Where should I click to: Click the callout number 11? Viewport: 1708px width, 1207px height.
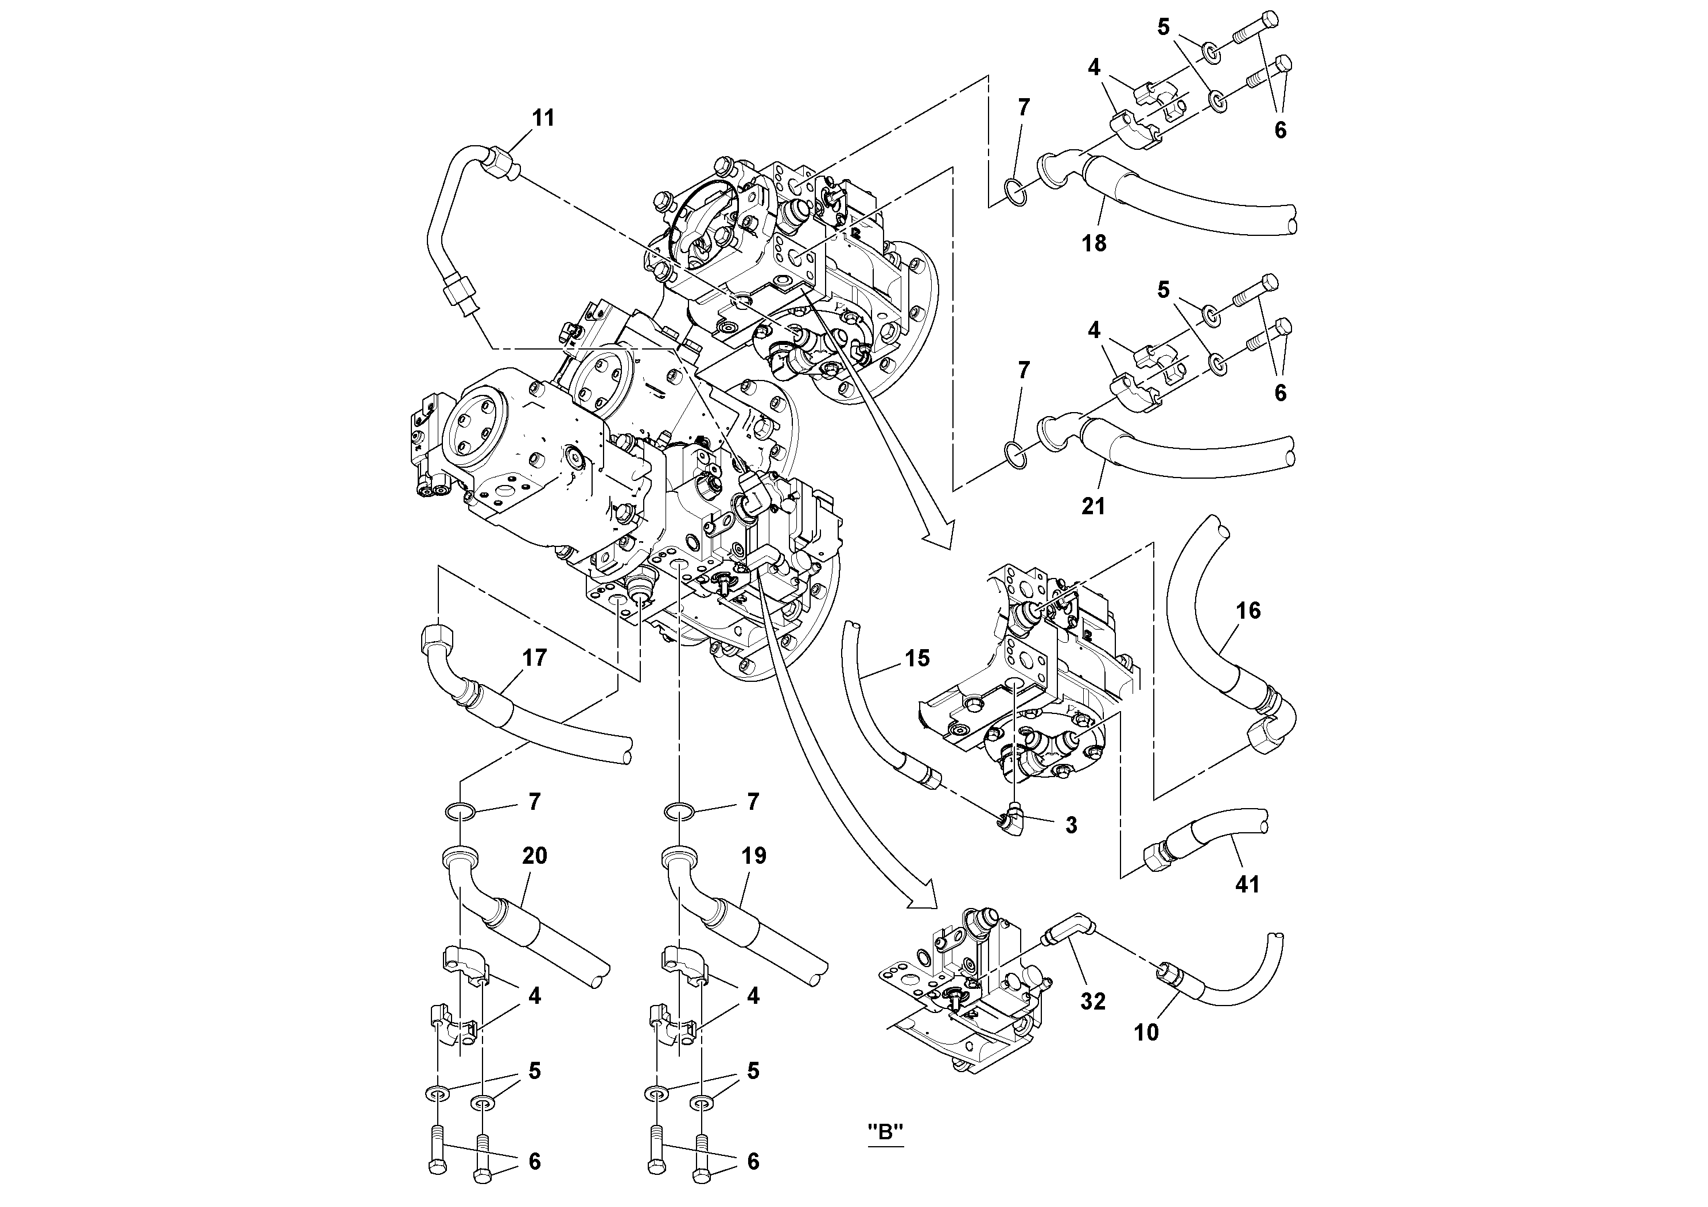click(x=543, y=118)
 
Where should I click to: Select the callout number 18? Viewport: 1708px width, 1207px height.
click(x=1094, y=243)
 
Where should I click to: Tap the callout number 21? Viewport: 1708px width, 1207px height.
click(x=1093, y=506)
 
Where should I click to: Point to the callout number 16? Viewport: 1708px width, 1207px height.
click(x=1248, y=611)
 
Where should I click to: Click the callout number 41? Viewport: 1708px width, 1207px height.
click(x=1247, y=884)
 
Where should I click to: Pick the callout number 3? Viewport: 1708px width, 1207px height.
click(x=1071, y=825)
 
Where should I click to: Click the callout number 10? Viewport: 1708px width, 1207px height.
click(x=1146, y=1032)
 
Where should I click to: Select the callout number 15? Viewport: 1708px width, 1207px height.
click(x=917, y=658)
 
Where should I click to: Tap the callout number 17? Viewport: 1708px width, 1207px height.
click(x=534, y=658)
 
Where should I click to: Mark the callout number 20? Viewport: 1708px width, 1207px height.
click(x=534, y=856)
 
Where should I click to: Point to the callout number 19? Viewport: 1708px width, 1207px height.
click(x=753, y=856)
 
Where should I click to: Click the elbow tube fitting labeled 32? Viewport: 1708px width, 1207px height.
click(x=1068, y=930)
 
